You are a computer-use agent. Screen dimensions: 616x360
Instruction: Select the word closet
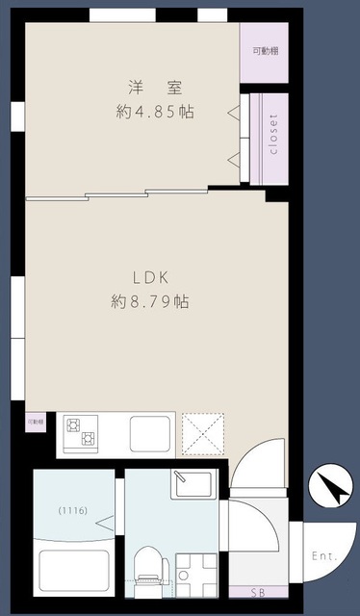pos(273,136)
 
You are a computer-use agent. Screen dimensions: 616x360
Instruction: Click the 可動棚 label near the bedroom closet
pos(265,50)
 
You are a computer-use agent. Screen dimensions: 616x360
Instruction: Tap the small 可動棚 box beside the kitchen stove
pos(35,422)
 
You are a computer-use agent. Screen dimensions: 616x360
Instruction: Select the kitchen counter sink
pos(150,433)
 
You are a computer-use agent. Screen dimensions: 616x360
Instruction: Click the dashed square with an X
pos(203,432)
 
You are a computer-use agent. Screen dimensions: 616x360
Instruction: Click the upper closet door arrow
pos(233,114)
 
